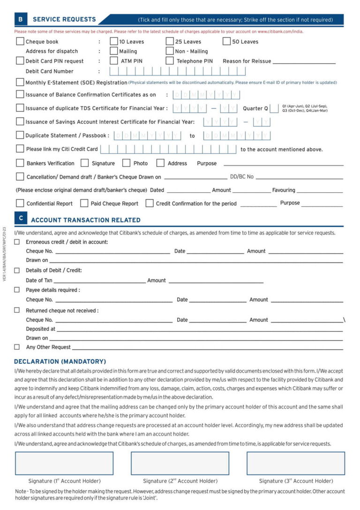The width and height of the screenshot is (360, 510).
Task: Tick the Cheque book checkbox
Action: [20, 41]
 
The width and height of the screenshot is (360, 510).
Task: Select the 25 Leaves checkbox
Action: [170, 41]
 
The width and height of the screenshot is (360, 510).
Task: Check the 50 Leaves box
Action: [227, 41]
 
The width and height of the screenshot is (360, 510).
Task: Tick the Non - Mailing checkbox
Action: [170, 51]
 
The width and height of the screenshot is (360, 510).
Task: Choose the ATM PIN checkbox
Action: [114, 60]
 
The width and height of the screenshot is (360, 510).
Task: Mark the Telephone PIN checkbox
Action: [170, 60]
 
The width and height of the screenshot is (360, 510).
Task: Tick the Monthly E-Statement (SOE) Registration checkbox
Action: [20, 82]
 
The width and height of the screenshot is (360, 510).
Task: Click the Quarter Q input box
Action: [275, 108]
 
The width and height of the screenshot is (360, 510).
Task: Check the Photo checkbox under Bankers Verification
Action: [126, 163]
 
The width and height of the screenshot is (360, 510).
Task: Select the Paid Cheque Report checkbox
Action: [84, 203]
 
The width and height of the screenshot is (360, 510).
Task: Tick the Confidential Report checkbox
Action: [20, 203]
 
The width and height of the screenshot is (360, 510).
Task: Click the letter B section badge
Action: [20, 20]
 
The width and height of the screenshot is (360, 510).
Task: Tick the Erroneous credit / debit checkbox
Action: [17, 242]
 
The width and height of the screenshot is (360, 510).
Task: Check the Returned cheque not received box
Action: [17, 310]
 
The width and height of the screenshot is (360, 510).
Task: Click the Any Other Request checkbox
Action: [17, 347]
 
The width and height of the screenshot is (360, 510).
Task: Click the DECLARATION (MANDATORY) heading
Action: [60, 361]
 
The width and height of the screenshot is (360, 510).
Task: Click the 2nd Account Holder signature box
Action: [180, 463]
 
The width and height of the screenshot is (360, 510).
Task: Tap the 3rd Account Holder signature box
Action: [296, 463]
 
